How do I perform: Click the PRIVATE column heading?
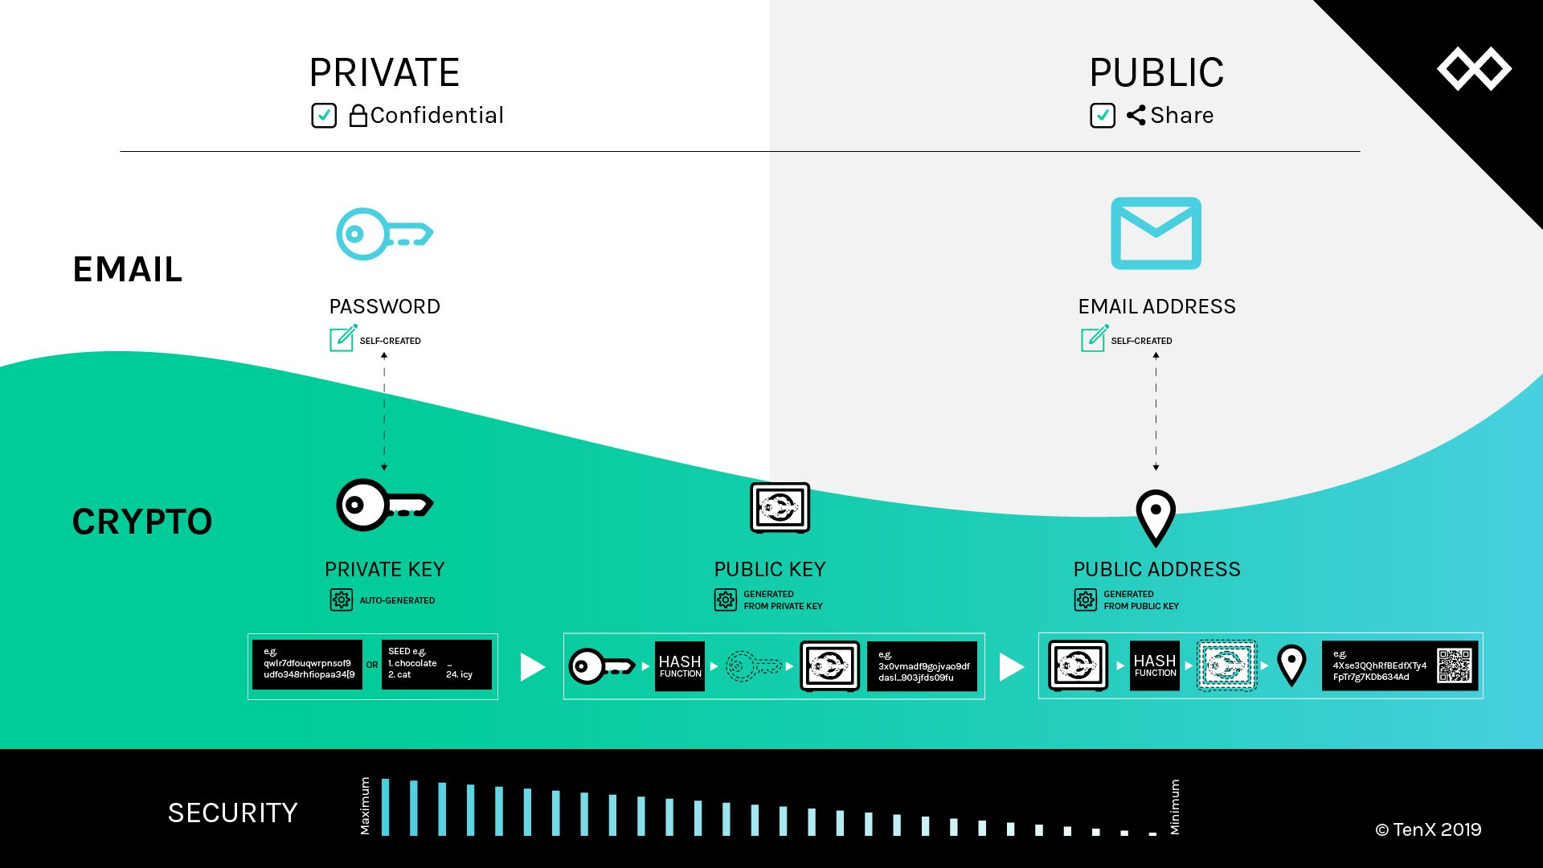(x=384, y=73)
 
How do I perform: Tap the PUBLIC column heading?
(x=1156, y=73)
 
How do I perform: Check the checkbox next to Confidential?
(x=324, y=116)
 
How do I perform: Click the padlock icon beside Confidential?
(x=358, y=116)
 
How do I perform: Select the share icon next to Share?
(x=1136, y=116)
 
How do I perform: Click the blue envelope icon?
(x=1156, y=233)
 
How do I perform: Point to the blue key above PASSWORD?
(x=384, y=234)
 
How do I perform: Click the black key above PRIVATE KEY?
(x=384, y=505)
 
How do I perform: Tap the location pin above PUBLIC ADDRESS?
(x=1156, y=517)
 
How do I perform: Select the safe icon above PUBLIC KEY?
(x=780, y=507)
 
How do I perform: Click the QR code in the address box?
(x=1455, y=665)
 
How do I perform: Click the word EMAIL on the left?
(x=128, y=269)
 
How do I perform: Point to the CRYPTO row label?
(x=142, y=522)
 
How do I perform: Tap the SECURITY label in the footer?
(x=232, y=813)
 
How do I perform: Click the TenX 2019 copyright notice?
(x=1428, y=830)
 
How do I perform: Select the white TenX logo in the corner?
(x=1474, y=69)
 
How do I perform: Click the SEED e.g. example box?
(x=436, y=665)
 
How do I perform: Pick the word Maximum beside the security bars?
(x=365, y=806)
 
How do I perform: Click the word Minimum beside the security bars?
(x=1175, y=807)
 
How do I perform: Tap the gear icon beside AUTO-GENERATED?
(x=342, y=600)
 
